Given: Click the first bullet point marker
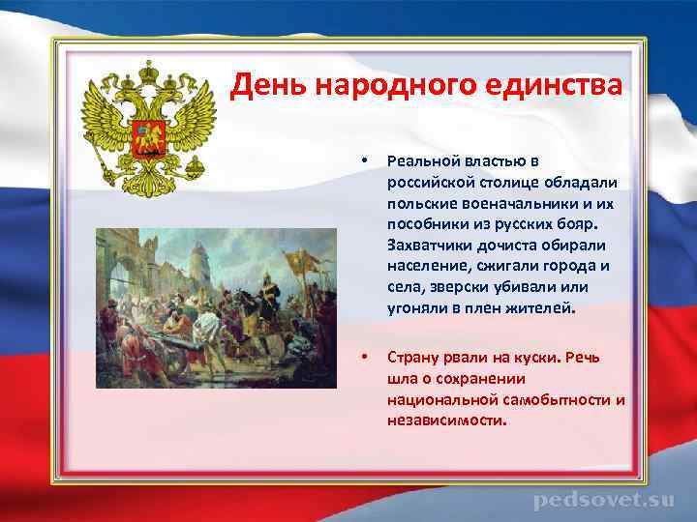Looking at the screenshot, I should click(x=363, y=159).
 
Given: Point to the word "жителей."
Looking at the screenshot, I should click(x=538, y=310).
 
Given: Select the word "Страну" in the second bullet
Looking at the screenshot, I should click(x=412, y=358).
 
